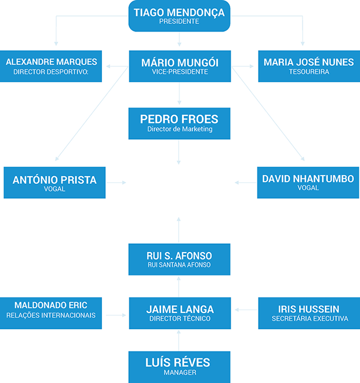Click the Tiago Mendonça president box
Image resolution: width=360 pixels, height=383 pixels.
(179, 16)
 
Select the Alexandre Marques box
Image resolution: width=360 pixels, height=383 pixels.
(51, 66)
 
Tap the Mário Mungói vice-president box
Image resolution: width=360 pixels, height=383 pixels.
(179, 66)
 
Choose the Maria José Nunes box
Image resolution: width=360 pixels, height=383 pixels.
(308, 66)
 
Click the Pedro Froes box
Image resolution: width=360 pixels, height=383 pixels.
(179, 123)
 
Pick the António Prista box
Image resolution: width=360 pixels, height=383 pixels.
(54, 183)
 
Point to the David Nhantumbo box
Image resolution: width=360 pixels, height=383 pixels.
(308, 183)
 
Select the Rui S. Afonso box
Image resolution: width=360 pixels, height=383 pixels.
(179, 259)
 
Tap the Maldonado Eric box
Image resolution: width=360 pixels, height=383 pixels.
(51, 313)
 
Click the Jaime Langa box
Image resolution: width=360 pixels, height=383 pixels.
(179, 313)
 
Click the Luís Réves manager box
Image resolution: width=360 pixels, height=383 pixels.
(179, 366)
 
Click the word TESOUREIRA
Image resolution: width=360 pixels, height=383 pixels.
(309, 72)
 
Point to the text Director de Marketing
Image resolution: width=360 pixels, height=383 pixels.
(179, 129)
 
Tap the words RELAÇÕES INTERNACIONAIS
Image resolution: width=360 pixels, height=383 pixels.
(51, 315)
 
